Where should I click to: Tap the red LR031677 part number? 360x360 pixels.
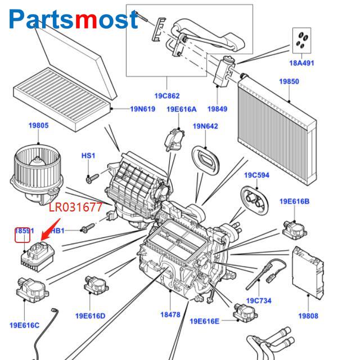76,208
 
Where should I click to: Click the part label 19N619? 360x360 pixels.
142,109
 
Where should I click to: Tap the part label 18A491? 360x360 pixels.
301,63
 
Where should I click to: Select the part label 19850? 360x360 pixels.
289,82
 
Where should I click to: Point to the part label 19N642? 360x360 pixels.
205,126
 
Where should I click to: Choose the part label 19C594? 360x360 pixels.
256,175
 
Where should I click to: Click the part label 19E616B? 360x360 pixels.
294,201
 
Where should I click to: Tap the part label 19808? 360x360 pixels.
308,316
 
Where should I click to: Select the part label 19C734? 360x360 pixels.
259,301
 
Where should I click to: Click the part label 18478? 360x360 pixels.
170,315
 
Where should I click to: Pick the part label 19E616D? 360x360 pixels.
89,316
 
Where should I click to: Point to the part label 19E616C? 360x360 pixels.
24,325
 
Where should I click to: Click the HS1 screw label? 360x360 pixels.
89,155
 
